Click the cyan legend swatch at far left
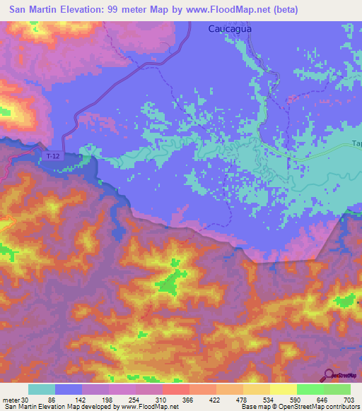pos(42,389)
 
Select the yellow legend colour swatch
pos(283,389)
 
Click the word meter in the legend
pos(9,399)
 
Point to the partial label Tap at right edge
pos(356,144)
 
